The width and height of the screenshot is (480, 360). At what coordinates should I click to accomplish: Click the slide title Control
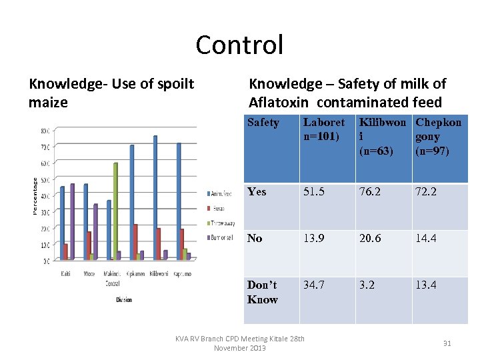pos(239,45)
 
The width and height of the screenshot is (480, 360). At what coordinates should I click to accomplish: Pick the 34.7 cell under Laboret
pos(314,285)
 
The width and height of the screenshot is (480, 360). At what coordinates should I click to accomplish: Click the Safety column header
pos(263,123)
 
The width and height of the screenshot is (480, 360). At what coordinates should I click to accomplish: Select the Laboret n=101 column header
pos(324,130)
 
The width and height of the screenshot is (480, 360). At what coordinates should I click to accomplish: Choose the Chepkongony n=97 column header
pos(438,137)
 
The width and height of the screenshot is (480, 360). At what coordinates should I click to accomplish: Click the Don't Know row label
pos(263,292)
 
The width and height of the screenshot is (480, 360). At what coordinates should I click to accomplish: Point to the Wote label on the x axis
pos(89,274)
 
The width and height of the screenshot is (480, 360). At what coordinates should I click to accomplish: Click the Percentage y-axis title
pos(35,195)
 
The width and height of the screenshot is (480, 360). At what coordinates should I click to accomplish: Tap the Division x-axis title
pos(123,300)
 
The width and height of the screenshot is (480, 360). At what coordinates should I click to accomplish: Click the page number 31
pos(447,343)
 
